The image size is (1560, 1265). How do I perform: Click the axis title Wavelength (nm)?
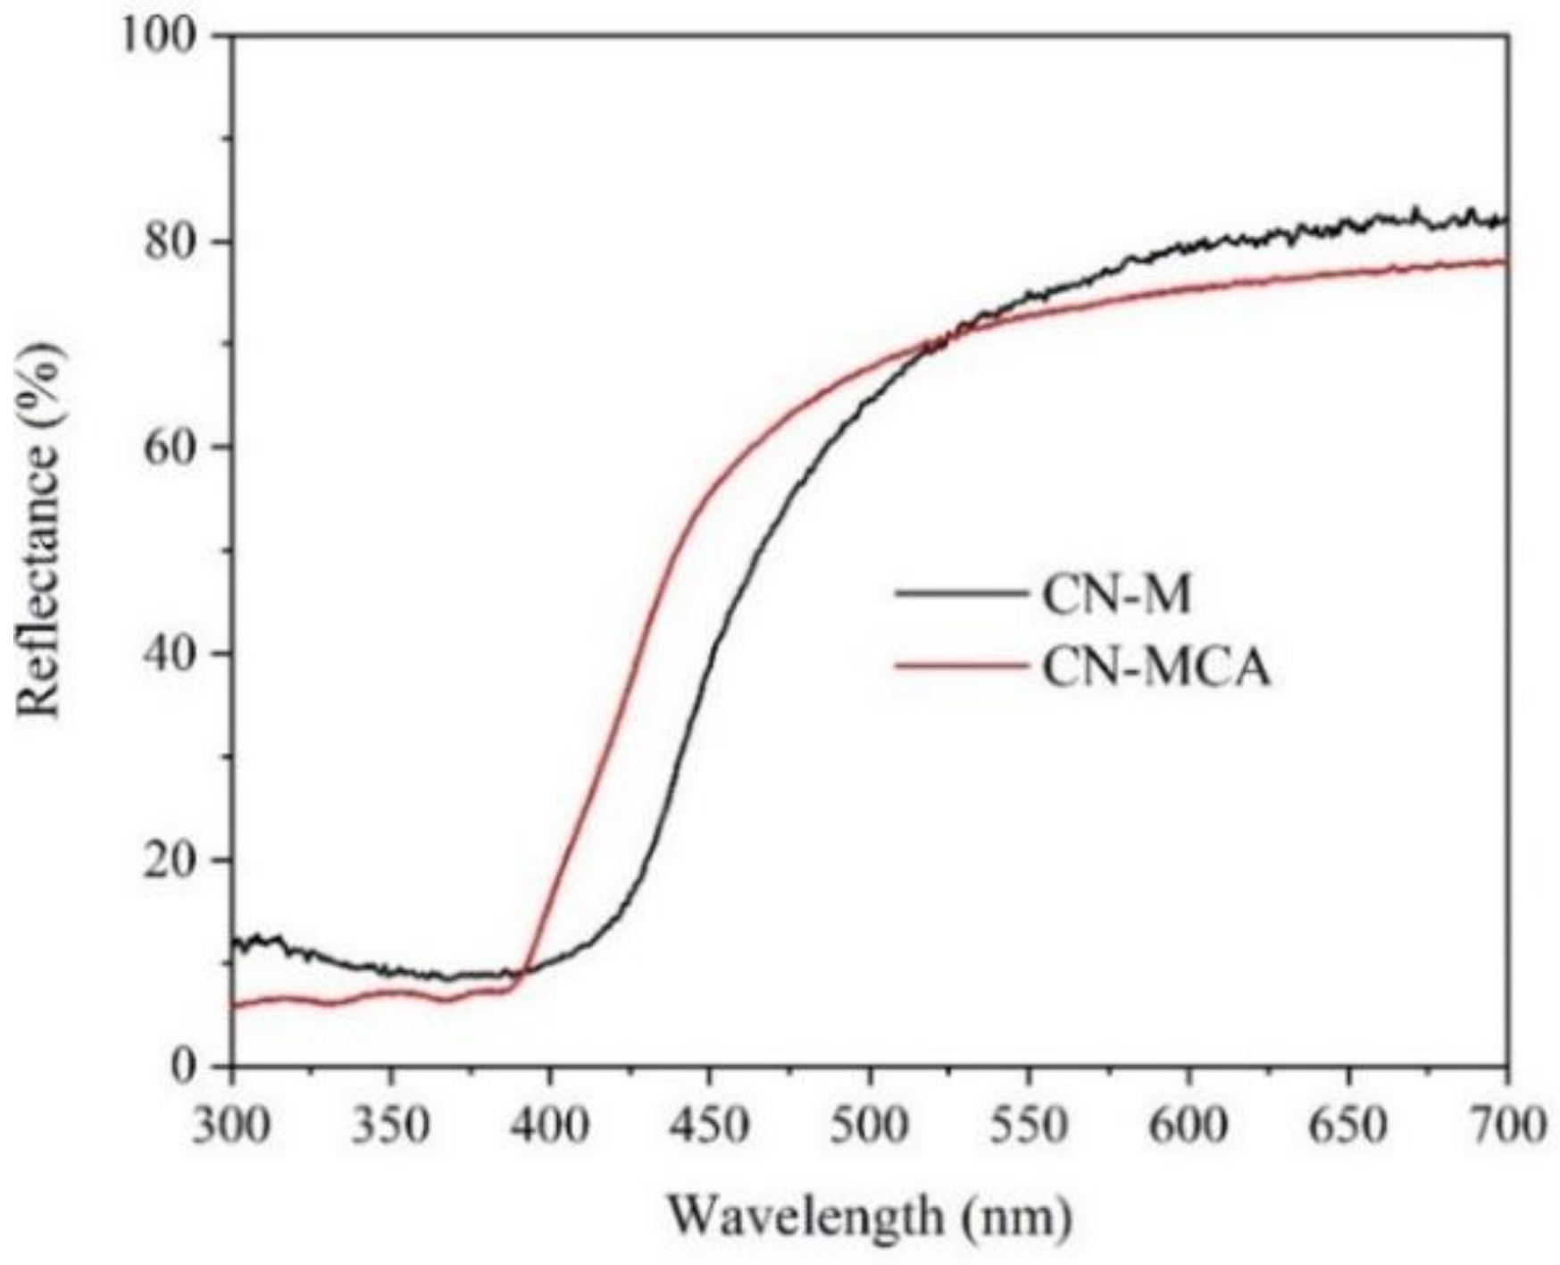[870, 1216]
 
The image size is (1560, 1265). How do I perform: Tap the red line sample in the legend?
[960, 666]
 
